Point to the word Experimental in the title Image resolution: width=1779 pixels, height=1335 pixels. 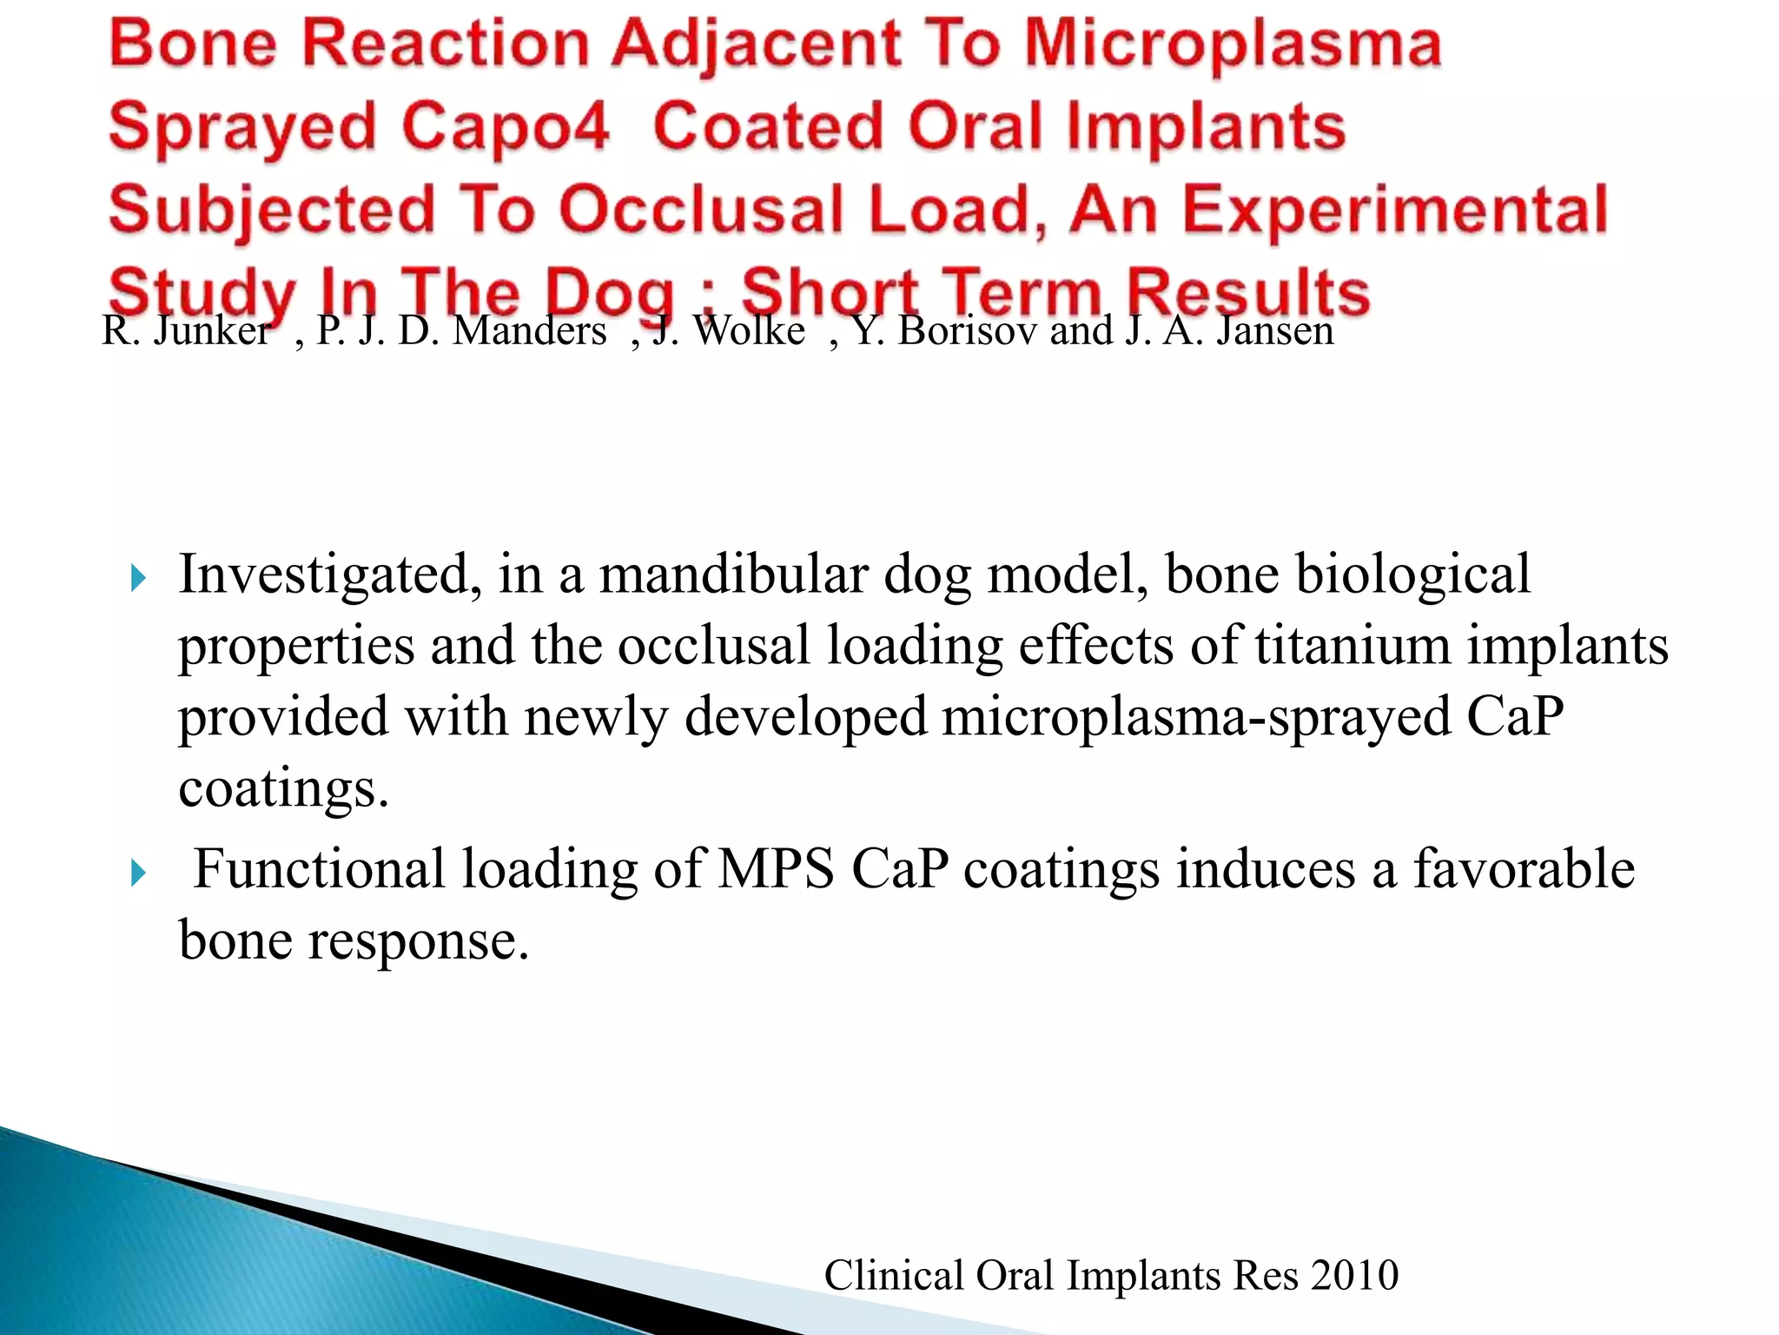(x=1395, y=211)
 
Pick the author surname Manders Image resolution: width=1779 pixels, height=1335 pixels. (x=529, y=331)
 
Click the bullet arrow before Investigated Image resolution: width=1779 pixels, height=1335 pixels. (x=138, y=578)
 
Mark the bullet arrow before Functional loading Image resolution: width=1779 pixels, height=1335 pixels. (x=138, y=873)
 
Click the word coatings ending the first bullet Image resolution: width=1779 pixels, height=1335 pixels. (x=283, y=789)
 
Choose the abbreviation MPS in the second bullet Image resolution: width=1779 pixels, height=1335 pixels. (x=776, y=870)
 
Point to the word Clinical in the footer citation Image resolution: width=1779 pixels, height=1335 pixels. (x=895, y=1276)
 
